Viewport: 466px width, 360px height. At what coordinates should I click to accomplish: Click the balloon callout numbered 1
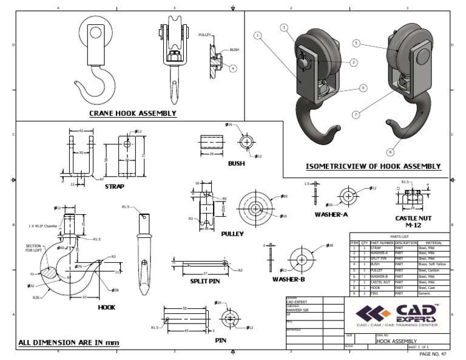point(258,36)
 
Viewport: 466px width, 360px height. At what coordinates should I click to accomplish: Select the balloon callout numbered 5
point(357,43)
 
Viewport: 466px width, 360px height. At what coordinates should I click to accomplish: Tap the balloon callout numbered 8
point(390,152)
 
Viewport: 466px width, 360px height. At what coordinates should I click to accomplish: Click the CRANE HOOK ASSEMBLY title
point(133,113)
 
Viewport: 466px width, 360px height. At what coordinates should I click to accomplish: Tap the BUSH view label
point(237,163)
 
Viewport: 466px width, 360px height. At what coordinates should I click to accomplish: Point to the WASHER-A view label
point(331,214)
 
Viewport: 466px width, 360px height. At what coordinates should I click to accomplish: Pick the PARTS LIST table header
point(399,237)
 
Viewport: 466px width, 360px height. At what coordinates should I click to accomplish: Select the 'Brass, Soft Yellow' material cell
point(433,265)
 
